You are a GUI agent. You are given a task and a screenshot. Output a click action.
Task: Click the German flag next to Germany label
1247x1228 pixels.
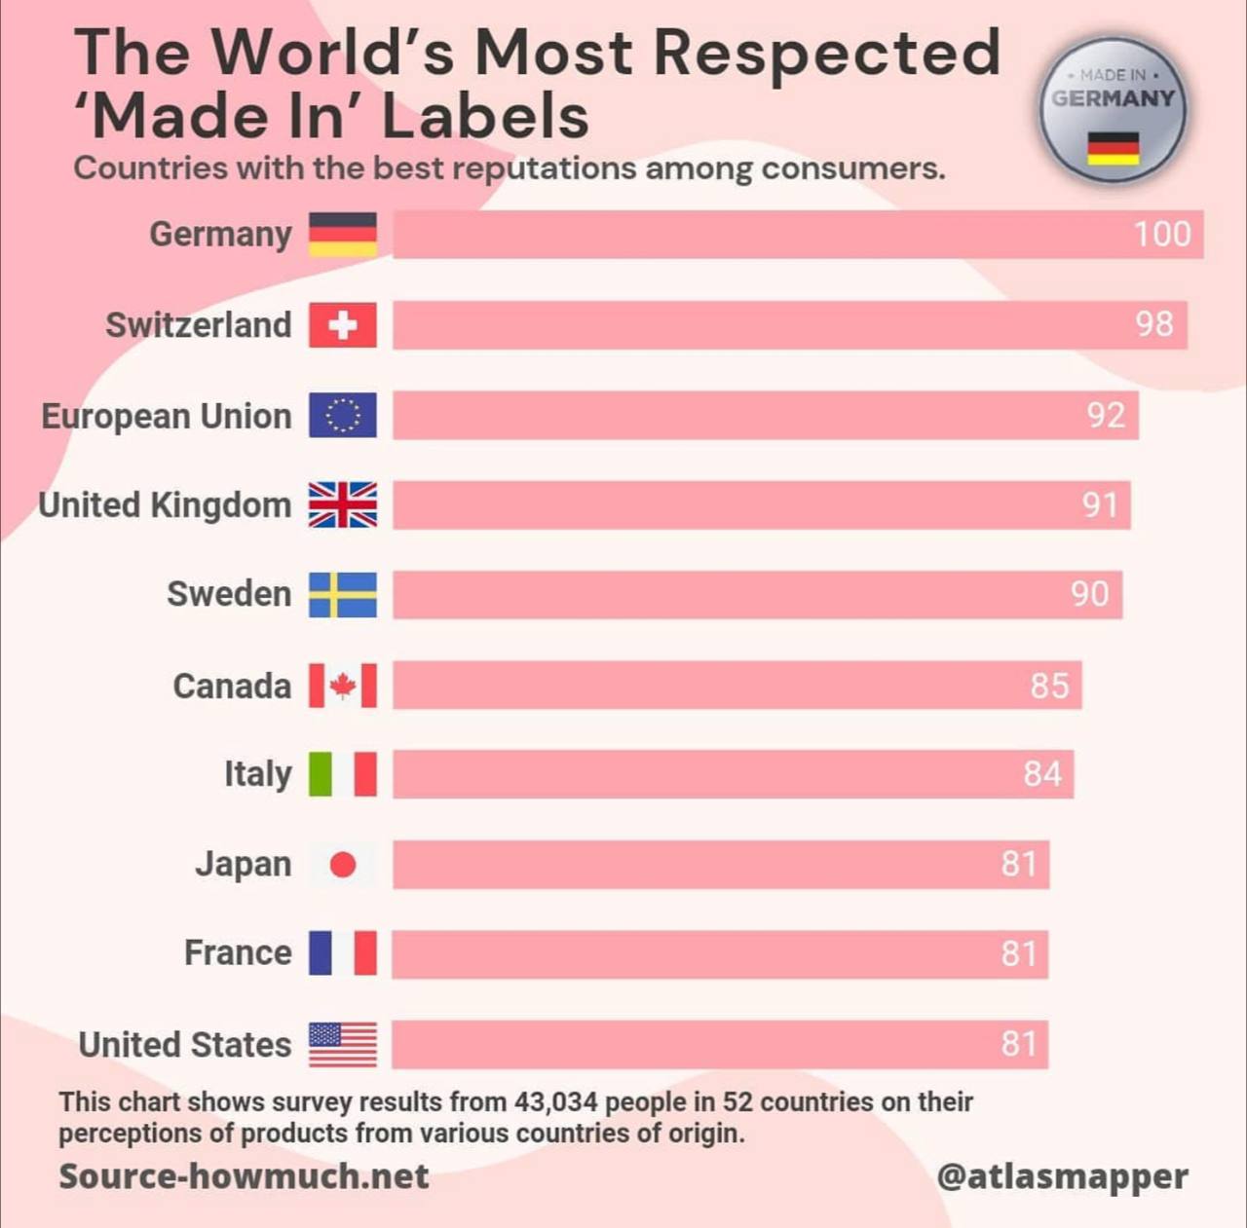coord(342,235)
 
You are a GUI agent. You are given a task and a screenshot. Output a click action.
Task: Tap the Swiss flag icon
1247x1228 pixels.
coord(342,325)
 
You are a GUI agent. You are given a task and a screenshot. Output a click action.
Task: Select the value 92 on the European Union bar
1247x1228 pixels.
coord(1106,416)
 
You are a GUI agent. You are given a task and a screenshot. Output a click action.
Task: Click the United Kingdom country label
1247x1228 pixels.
coord(165,505)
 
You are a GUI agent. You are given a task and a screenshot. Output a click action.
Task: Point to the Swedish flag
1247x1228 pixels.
coord(342,595)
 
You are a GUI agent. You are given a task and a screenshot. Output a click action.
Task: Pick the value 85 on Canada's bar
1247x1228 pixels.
coord(1049,686)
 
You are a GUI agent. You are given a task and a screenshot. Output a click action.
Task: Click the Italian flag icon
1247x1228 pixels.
coord(342,774)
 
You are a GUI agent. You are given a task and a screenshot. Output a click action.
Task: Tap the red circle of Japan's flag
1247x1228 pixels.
coord(343,865)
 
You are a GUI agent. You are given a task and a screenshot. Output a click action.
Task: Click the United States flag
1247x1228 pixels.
coord(342,1045)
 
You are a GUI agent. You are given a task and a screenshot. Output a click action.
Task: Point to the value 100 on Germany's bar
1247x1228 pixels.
coord(1161,235)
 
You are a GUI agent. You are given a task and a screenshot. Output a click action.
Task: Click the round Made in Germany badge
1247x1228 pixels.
coord(1113,110)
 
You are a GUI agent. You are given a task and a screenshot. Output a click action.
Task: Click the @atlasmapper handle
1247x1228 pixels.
coord(1062,1176)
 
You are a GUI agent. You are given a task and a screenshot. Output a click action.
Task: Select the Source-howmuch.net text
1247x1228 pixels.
coord(244,1176)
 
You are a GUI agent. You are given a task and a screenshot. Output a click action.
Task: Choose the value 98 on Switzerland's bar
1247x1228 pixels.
coord(1153,325)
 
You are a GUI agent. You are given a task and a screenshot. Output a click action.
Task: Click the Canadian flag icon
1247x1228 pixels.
coord(342,686)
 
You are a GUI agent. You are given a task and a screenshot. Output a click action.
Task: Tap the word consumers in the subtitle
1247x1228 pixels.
coord(852,168)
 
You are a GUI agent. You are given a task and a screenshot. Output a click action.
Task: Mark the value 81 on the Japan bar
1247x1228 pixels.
coord(1018,865)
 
